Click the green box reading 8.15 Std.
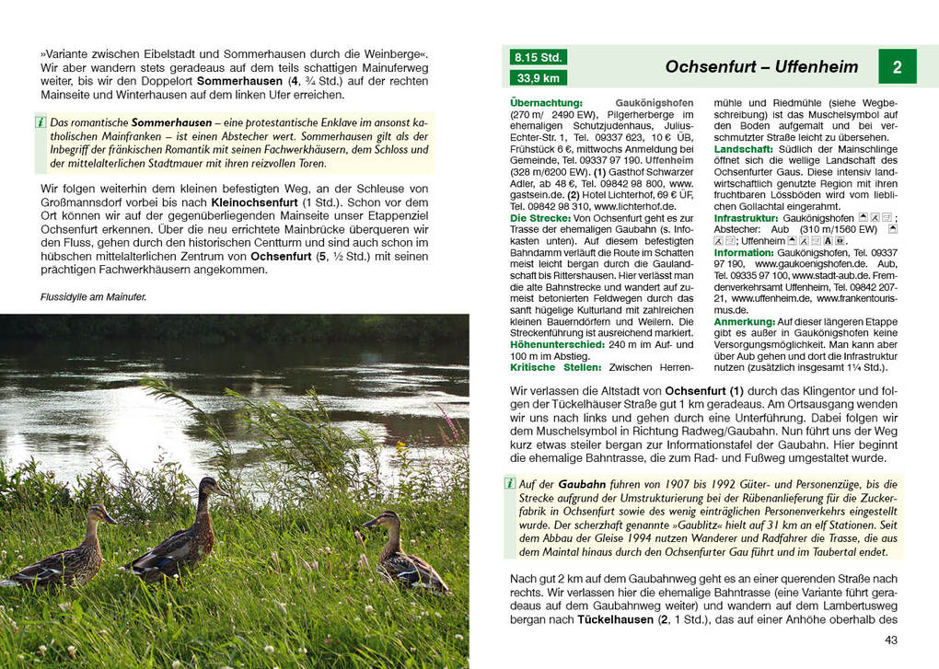pyautogui.click(x=539, y=57)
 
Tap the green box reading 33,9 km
pyautogui.click(x=539, y=78)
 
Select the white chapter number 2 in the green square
pyautogui.click(x=897, y=66)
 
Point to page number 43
pyautogui.click(x=890, y=640)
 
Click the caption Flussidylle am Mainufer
pyautogui.click(x=94, y=297)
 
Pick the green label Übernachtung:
pyautogui.click(x=547, y=103)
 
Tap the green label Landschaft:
pyautogui.click(x=743, y=148)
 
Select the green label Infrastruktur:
pyautogui.click(x=747, y=218)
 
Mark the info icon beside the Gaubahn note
pyautogui.click(x=509, y=483)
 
